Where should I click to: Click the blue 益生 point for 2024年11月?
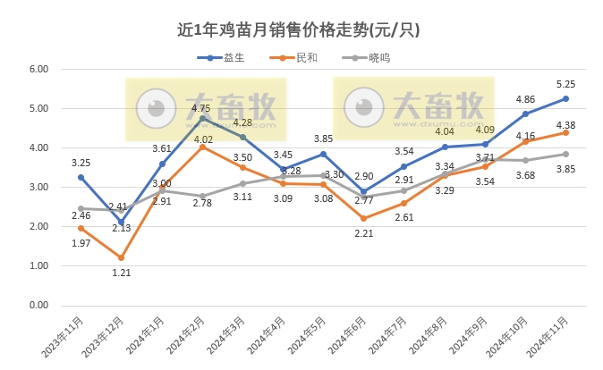coord(565,98)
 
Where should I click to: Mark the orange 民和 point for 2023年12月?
coord(121,257)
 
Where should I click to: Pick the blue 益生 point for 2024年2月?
coord(202,118)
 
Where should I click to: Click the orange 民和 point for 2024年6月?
coord(363,218)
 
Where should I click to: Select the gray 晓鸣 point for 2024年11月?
coord(565,154)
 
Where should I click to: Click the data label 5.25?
coord(565,83)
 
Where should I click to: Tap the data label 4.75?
coord(201,108)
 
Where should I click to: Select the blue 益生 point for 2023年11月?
coord(81,177)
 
